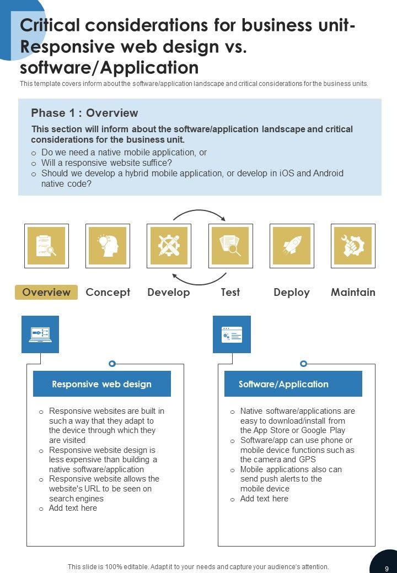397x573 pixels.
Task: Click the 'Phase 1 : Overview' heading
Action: (x=84, y=113)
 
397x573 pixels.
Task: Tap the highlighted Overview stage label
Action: (x=46, y=292)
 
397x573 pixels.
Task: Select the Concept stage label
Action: (x=108, y=292)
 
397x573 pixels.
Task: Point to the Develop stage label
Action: (x=169, y=292)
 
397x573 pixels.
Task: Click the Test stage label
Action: (x=230, y=292)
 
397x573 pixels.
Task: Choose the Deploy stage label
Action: (x=292, y=292)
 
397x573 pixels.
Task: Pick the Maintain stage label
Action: (x=353, y=292)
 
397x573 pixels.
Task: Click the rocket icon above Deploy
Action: (x=292, y=246)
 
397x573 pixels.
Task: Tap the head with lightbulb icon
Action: (x=108, y=246)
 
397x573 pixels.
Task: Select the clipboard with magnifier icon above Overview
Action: (x=46, y=246)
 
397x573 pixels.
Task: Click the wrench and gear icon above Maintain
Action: (x=353, y=246)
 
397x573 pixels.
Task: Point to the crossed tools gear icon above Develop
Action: (x=169, y=246)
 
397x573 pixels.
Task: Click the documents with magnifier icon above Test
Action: (x=230, y=246)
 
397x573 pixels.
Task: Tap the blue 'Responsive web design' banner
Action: (x=102, y=384)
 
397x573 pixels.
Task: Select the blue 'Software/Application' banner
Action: (x=293, y=384)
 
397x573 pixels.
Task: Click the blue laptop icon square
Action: (x=40, y=334)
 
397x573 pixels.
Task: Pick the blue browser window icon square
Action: (x=232, y=334)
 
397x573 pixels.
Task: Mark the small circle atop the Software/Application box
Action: (x=303, y=364)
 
